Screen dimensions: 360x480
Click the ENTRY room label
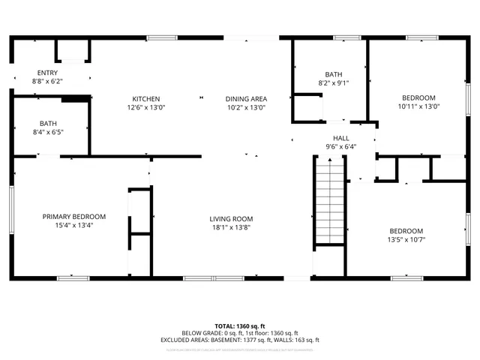(47, 73)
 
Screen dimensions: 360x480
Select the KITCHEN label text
(145, 99)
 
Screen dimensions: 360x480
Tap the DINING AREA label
(247, 99)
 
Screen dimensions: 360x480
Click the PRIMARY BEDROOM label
(73, 217)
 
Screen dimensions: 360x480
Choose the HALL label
(341, 138)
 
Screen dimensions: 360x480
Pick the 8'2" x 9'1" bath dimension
(334, 82)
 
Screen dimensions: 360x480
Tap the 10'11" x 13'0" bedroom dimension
(418, 106)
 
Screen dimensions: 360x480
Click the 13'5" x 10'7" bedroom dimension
(406, 239)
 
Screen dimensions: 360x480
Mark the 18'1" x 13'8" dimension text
(231, 227)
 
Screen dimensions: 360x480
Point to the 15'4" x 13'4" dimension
(73, 225)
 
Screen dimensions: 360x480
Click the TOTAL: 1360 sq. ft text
(240, 326)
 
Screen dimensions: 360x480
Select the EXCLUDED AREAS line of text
(240, 340)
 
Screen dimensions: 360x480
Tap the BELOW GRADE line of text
(240, 333)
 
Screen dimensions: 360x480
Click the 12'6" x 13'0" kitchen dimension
(145, 107)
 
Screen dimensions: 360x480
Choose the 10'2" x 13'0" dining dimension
(247, 107)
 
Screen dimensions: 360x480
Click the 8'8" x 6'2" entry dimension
(47, 81)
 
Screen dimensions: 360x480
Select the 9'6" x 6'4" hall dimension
(341, 146)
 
